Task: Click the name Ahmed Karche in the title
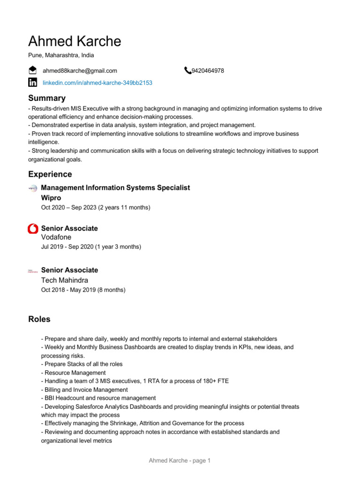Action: click(75, 41)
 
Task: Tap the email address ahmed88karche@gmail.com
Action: click(80, 71)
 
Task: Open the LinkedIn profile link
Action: click(97, 82)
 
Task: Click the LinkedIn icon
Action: click(33, 82)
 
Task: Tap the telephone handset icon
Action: click(187, 71)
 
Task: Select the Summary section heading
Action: click(47, 98)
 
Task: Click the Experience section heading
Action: click(50, 174)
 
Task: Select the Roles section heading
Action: click(39, 319)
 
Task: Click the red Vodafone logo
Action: click(33, 229)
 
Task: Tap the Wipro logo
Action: click(33, 188)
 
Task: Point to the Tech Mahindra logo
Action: click(33, 271)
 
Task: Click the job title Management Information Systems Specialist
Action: click(115, 187)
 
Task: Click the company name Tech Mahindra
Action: click(65, 280)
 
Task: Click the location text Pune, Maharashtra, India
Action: click(61, 55)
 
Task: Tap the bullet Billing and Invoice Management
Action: click(84, 390)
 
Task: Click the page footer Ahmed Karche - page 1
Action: click(180, 461)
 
